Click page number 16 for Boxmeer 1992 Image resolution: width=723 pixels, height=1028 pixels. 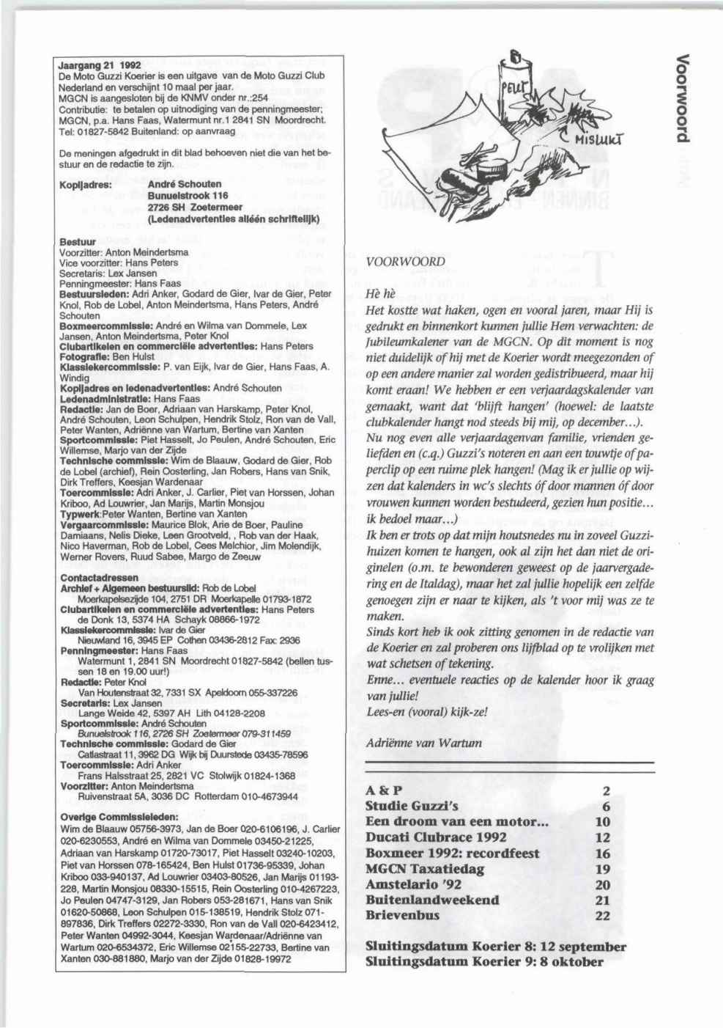point(603,853)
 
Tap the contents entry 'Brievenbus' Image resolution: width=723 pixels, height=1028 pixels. point(401,915)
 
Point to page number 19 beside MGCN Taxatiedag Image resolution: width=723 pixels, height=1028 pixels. point(603,868)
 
